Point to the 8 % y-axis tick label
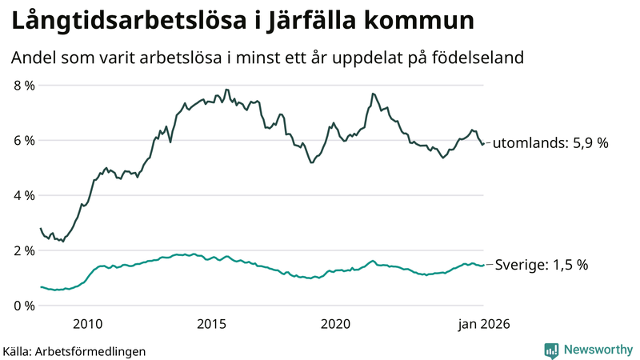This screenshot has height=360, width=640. click(x=25, y=85)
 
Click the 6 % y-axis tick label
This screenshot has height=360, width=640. click(x=25, y=140)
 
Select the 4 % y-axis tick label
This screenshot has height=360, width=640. click(x=25, y=195)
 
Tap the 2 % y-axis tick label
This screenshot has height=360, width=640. click(x=25, y=250)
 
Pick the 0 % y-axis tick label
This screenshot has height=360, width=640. click(x=25, y=306)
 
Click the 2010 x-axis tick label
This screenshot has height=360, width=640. click(x=87, y=324)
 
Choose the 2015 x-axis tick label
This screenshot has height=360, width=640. click(x=211, y=324)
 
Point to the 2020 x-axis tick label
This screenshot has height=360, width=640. click(x=335, y=324)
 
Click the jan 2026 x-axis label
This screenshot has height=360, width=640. click(x=483, y=324)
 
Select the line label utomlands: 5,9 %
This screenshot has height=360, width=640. click(x=550, y=143)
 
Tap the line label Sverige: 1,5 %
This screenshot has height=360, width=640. click(x=542, y=265)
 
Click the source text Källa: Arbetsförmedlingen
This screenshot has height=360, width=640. click(x=74, y=350)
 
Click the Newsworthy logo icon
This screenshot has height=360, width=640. click(x=551, y=350)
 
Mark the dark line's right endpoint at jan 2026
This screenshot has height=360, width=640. click(x=483, y=144)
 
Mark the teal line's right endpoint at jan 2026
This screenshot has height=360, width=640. click(x=483, y=265)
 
